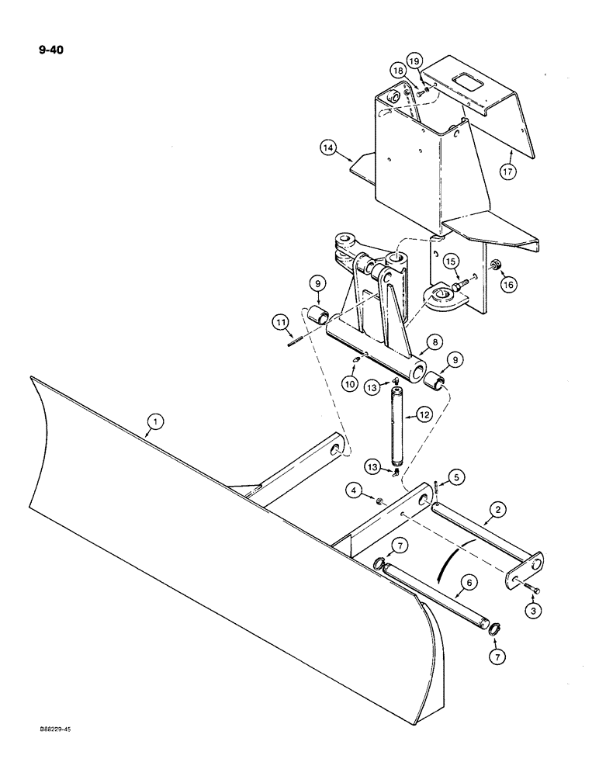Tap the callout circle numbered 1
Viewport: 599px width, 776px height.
(156, 422)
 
